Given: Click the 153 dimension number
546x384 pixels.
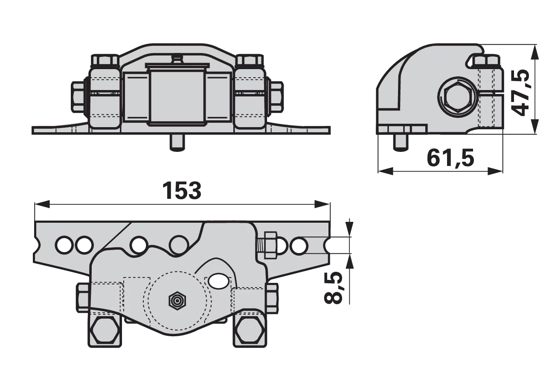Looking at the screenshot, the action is click(x=182, y=190).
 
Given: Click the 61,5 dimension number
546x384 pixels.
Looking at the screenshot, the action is click(x=450, y=158).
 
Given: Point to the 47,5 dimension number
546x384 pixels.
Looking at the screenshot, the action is click(x=520, y=93).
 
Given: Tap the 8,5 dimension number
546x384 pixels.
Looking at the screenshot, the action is click(x=333, y=288).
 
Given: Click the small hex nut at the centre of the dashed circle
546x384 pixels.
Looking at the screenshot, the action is click(x=177, y=300).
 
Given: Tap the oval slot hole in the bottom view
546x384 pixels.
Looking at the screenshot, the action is click(x=219, y=281).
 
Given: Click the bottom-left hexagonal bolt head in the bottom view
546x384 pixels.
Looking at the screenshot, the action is click(x=105, y=330).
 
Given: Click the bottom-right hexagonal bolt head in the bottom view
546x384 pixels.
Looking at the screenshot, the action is click(x=250, y=330).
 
